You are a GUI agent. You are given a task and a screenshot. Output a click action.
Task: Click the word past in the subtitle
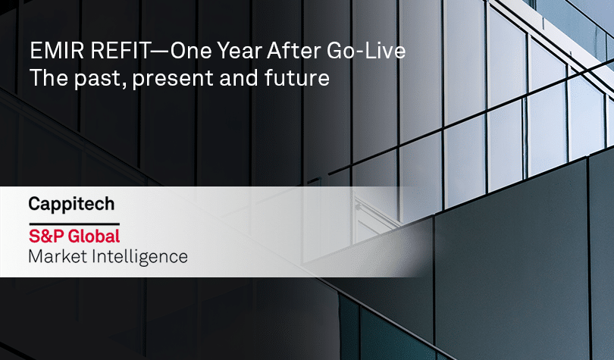tap(88, 78)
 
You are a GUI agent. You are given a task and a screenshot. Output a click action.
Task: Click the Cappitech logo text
tap(71, 205)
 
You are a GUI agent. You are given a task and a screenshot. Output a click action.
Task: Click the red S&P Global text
tap(74, 236)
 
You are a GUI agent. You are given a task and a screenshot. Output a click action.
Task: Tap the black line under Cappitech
tap(74, 222)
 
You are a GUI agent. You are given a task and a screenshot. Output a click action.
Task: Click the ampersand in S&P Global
tap(43, 236)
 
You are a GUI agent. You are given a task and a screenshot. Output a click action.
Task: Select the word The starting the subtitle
tap(44, 78)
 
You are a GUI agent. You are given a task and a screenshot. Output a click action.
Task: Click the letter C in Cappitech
tap(34, 204)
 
